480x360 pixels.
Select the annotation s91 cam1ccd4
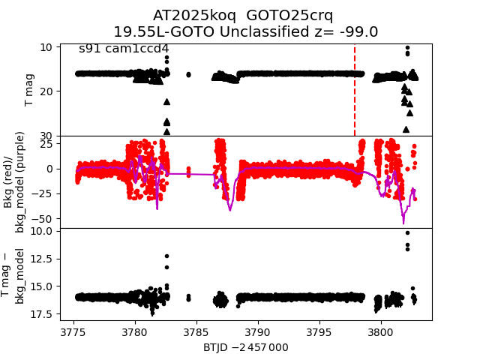coord(124,49)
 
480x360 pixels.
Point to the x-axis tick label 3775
coord(73,331)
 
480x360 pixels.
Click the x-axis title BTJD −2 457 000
coord(246,347)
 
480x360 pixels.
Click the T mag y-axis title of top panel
coord(30,89)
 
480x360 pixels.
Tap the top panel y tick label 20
coord(46,91)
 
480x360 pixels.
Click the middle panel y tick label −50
coord(43,219)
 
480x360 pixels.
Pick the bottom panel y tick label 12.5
coord(40,259)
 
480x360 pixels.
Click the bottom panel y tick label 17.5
coord(40,313)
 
